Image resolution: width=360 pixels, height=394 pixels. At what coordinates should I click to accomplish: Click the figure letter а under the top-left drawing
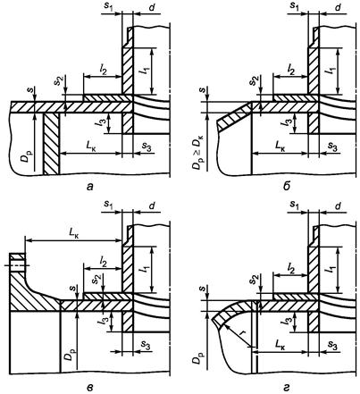pos(89,187)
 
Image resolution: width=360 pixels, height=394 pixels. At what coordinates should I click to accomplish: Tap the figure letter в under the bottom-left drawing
pos(89,387)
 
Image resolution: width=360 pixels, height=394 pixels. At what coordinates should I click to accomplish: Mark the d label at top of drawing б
pos(338,8)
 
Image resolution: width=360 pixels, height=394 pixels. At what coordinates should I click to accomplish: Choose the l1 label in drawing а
pos(145,71)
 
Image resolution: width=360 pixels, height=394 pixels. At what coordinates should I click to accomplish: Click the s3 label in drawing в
pos(146,345)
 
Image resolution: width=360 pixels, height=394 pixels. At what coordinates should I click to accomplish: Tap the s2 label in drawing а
pos(58,81)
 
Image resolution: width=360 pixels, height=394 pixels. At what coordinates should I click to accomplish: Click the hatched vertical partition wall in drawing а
pos(51,144)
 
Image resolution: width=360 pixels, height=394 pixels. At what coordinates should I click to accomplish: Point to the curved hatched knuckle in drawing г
pos(233,311)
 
